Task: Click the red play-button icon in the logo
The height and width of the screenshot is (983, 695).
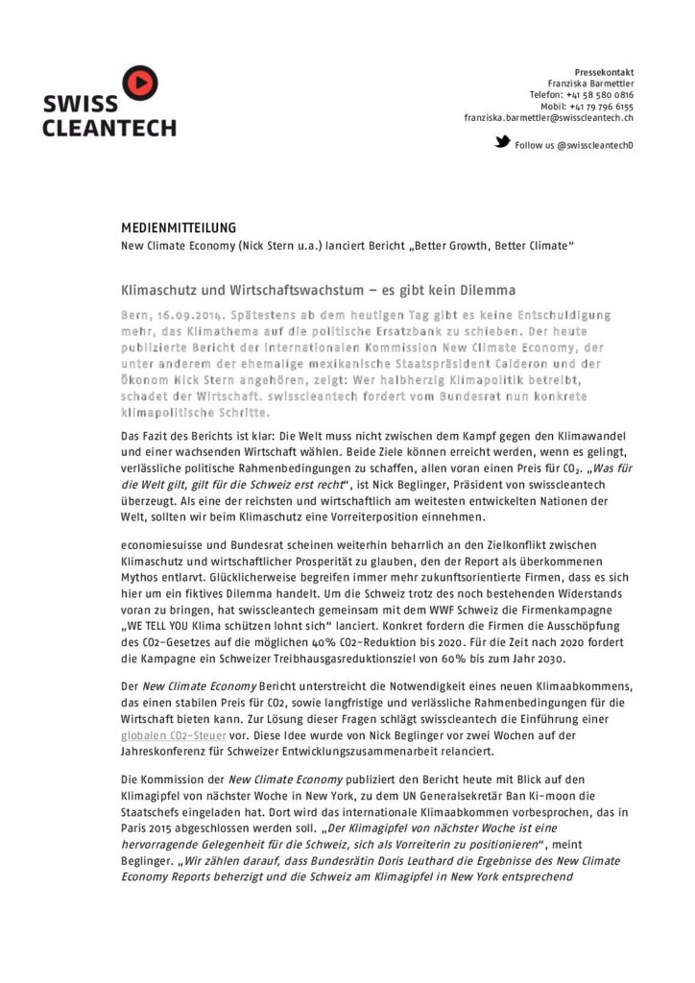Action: pos(140,81)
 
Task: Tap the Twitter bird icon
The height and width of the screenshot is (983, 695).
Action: pos(502,142)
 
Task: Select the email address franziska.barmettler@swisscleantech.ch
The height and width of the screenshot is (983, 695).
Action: pos(548,118)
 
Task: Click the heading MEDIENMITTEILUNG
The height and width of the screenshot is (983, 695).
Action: pos(178,228)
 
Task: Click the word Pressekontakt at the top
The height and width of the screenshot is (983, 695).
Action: pos(604,73)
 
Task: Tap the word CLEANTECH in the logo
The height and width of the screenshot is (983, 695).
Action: pos(108,128)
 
